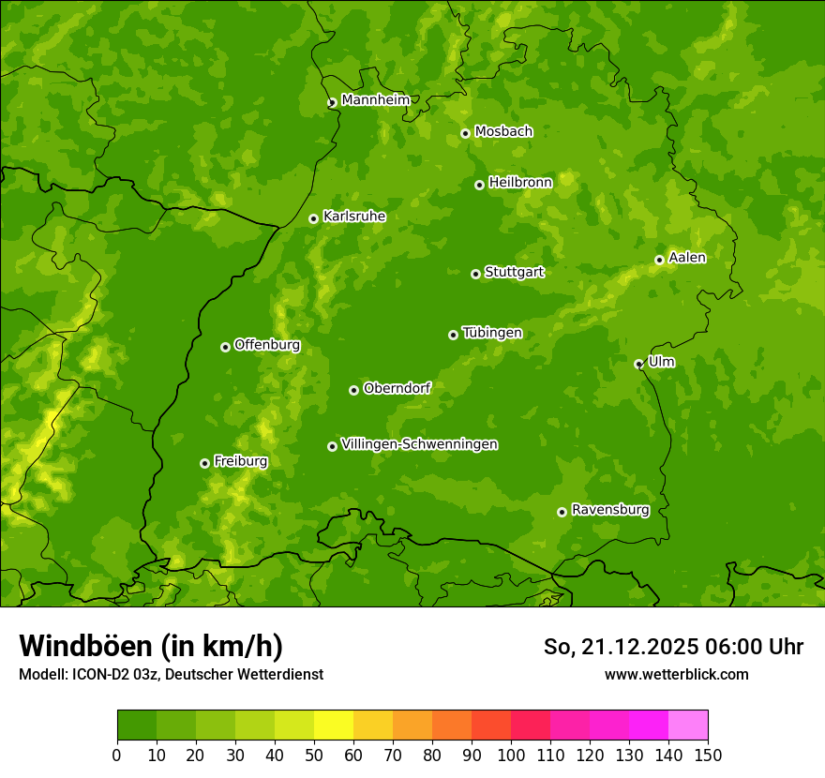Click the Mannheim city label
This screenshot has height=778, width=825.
pyautogui.click(x=375, y=99)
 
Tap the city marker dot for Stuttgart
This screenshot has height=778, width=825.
pyautogui.click(x=475, y=274)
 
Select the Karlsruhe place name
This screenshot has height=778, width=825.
pyautogui.click(x=353, y=217)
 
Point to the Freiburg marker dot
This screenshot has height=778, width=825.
pyautogui.click(x=204, y=463)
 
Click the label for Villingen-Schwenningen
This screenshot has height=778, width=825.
pyautogui.click(x=419, y=444)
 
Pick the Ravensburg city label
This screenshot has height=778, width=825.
pyautogui.click(x=609, y=510)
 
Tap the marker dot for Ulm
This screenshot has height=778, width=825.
pyautogui.click(x=638, y=364)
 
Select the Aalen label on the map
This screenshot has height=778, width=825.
pyautogui.click(x=686, y=258)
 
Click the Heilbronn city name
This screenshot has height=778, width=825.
pyautogui.click(x=520, y=183)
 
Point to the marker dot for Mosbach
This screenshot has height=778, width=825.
pyautogui.click(x=465, y=133)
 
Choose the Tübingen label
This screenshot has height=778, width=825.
pyautogui.click(x=491, y=333)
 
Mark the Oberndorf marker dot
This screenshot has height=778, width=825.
pyautogui.click(x=353, y=390)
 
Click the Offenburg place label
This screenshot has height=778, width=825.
pyautogui.click(x=266, y=345)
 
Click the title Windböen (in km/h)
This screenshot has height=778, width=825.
pyautogui.click(x=151, y=646)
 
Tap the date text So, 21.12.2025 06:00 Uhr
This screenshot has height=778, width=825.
pyautogui.click(x=673, y=647)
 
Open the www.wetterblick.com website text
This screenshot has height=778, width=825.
pyautogui.click(x=676, y=674)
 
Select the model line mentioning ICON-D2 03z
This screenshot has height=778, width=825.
pyautogui.click(x=171, y=674)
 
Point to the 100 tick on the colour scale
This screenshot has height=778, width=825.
pyautogui.click(x=511, y=756)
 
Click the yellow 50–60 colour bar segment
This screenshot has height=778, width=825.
pyautogui.click(x=334, y=726)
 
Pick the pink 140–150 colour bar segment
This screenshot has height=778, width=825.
pyautogui.click(x=688, y=726)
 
